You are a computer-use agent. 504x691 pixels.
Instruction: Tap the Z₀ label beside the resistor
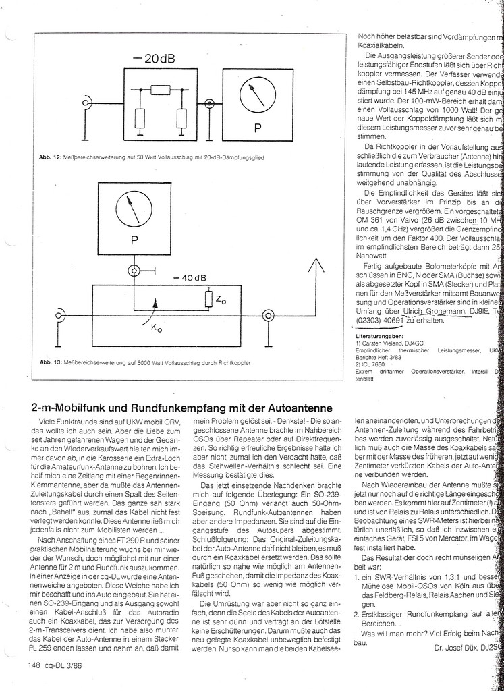click(221, 300)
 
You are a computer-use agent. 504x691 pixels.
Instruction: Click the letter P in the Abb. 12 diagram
click(257, 127)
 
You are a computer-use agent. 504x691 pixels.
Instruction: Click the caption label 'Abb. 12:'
click(51, 157)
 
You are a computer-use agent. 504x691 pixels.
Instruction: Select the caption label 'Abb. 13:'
click(51, 362)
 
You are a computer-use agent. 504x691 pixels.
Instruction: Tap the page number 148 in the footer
click(36, 665)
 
